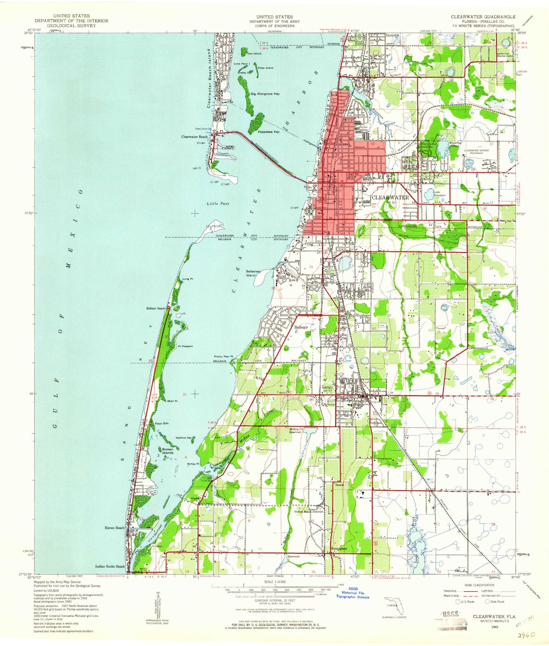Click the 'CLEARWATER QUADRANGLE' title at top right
click(x=483, y=17)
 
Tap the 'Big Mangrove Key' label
click(x=265, y=94)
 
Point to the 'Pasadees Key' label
click(x=268, y=132)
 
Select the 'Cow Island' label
click(x=254, y=54)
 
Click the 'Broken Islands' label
click(x=168, y=451)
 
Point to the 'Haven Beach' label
click(x=115, y=528)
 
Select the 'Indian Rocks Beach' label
click(x=110, y=566)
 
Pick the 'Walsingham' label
click(x=339, y=549)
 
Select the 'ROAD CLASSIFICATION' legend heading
click(x=480, y=585)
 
